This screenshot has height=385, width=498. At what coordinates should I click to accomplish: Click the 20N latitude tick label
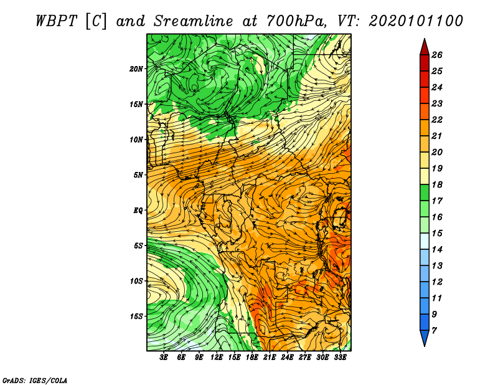coord(136,69)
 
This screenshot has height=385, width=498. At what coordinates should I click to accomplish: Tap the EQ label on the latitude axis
coord(138,211)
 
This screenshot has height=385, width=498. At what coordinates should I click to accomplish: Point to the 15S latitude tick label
coord(136,316)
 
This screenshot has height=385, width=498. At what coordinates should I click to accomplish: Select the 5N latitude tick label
coord(138,175)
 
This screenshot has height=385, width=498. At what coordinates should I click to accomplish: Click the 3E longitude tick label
coord(164,358)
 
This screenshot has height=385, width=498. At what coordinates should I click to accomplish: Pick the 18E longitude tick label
coord(251,358)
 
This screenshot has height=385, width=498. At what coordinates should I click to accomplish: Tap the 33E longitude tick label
coord(340,358)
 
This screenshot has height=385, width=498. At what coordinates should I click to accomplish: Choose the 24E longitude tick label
coord(287,358)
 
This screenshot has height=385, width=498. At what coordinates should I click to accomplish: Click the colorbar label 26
coord(437,55)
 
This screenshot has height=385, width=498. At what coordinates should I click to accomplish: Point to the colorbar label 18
coord(437,184)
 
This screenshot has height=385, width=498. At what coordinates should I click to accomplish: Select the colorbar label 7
coord(434,331)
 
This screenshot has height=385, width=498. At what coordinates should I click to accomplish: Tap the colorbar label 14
coord(437,250)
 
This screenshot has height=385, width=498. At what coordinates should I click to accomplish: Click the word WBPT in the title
coord(56,21)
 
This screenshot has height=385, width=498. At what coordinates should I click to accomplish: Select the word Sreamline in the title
coord(193,21)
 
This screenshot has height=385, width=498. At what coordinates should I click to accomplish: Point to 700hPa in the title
coord(296,21)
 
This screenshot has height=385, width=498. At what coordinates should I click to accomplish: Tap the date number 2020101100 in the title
coord(416,21)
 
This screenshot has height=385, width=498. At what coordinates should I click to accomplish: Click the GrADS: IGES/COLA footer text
coord(35,381)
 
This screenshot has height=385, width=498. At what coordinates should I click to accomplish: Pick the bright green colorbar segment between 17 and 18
coord(425,192)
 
